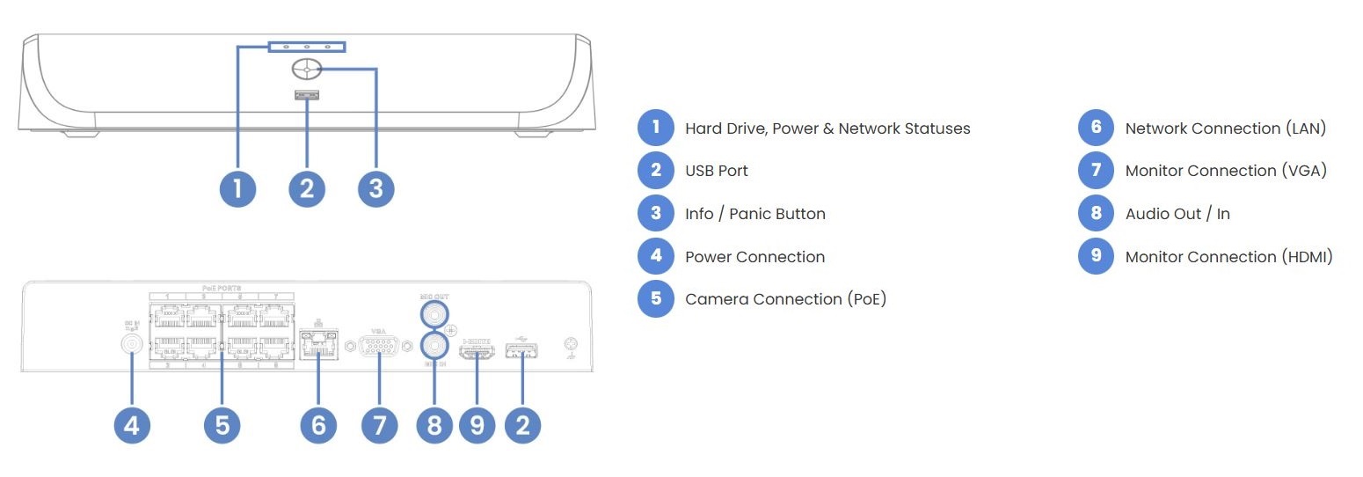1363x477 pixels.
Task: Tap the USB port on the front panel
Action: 307,95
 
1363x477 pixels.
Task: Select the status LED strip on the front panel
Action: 307,46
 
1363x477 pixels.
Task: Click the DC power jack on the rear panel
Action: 132,345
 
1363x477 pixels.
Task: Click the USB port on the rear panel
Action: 523,352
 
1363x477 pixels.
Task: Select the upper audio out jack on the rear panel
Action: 434,313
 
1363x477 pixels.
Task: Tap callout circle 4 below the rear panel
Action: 132,426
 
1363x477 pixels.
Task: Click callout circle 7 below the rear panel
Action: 379,426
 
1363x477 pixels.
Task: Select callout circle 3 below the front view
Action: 376,188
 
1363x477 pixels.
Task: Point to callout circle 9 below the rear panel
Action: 477,426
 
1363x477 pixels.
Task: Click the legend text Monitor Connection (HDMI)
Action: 1228,257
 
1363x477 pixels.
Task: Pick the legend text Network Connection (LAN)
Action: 1225,128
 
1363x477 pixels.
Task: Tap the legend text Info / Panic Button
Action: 754,214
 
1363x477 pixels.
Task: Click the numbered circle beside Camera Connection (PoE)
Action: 656,299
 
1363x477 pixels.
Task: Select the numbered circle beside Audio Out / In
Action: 1096,214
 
